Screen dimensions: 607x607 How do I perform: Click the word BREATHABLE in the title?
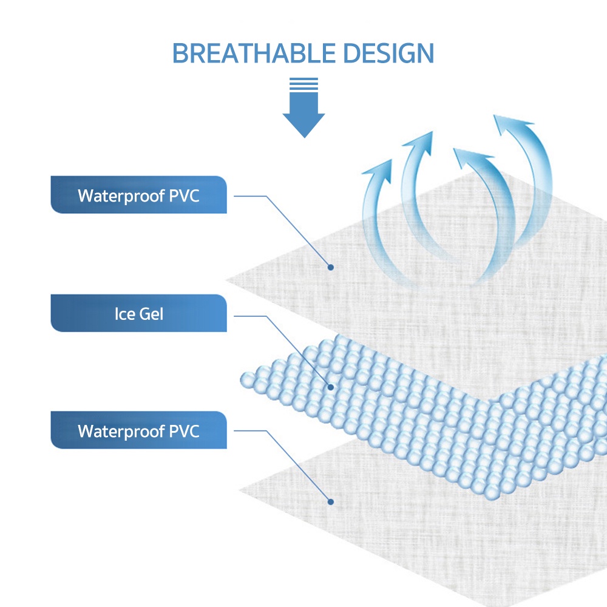pyautogui.click(x=254, y=53)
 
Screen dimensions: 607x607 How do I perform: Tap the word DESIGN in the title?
pyautogui.click(x=388, y=53)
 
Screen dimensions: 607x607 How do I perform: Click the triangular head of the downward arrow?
pyautogui.click(x=304, y=125)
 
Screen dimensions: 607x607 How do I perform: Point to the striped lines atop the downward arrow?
pyautogui.click(x=304, y=84)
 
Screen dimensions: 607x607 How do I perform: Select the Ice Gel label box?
pyautogui.click(x=138, y=313)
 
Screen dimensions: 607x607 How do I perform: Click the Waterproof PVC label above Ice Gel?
pyautogui.click(x=138, y=195)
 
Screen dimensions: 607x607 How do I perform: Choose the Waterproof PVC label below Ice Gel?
pyautogui.click(x=138, y=430)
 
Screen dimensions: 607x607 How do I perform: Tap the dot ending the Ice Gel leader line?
pyautogui.click(x=331, y=387)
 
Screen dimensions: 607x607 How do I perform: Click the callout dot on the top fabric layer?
pyautogui.click(x=331, y=267)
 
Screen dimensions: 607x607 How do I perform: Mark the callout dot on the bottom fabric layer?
pyautogui.click(x=331, y=502)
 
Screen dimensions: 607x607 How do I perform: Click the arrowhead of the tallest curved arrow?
pyautogui.click(x=510, y=124)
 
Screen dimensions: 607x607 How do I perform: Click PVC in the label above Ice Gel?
pyautogui.click(x=185, y=195)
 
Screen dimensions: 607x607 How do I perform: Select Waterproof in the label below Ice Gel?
pyautogui.click(x=121, y=432)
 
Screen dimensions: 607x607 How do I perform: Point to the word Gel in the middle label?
pyautogui.click(x=151, y=314)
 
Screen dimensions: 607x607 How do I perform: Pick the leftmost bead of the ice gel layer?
pyautogui.click(x=248, y=380)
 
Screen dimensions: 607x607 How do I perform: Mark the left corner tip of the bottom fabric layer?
pyautogui.click(x=240, y=490)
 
